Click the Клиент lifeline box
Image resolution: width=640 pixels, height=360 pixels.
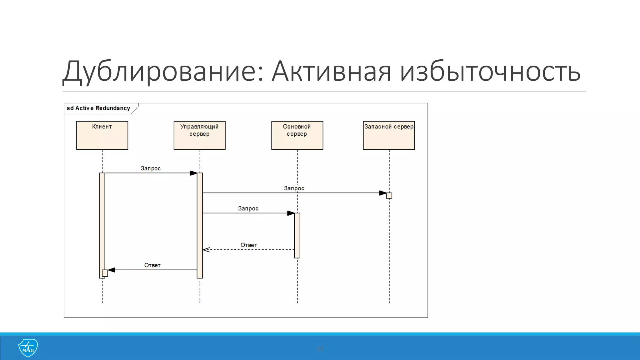(102, 135)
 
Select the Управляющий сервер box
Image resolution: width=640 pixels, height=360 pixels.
(199, 135)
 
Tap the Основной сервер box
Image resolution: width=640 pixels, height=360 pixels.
(297, 135)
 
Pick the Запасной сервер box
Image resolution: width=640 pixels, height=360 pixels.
(389, 135)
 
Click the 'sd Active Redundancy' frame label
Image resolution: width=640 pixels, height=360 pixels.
(98, 108)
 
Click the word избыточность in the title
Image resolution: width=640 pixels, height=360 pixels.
(490, 71)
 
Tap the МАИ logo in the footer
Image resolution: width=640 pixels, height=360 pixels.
(28, 348)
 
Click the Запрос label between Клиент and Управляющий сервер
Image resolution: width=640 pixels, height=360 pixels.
(151, 168)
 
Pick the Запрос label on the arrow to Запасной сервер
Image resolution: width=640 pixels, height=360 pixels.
(294, 188)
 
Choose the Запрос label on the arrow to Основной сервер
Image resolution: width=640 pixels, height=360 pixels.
(248, 208)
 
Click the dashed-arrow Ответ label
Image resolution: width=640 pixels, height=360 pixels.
(249, 245)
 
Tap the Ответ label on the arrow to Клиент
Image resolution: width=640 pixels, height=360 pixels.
(152, 265)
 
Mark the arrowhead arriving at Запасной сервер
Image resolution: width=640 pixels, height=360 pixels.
(383, 193)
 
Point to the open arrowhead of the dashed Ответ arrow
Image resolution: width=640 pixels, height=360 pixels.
(206, 250)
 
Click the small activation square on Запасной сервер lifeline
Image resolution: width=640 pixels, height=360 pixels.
(389, 196)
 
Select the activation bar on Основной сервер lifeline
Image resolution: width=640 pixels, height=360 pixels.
(297, 235)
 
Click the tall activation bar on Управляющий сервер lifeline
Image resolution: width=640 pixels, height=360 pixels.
(200, 225)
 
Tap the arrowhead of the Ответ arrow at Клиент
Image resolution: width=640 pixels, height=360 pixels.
(112, 270)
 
